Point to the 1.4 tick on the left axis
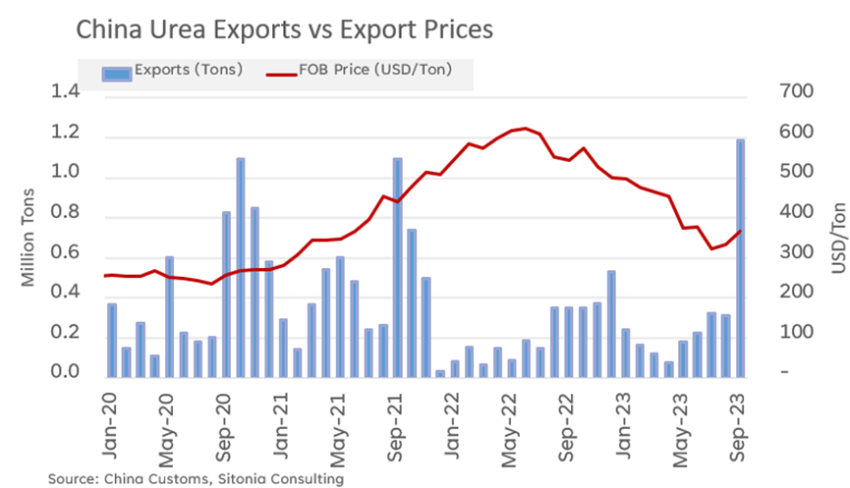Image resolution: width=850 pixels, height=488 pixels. pos(68,92)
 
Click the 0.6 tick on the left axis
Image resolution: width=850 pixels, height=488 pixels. pos(68,253)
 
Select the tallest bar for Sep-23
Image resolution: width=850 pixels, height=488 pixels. pos(739,257)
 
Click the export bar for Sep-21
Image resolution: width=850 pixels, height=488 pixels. pos(397,267)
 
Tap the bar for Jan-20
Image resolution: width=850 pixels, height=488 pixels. pos(112,340)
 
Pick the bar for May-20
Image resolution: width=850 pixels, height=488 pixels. pos(169,316)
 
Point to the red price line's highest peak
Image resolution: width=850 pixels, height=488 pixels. pos(526,129)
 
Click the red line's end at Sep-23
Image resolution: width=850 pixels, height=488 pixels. pos(739,232)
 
